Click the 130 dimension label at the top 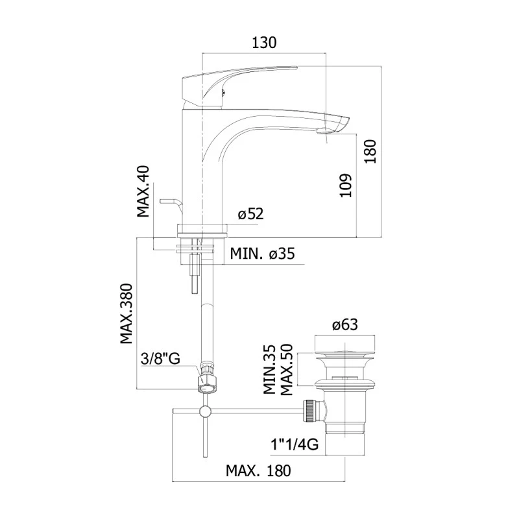tap(263, 43)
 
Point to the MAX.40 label tap(143, 191)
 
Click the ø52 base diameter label tap(250, 215)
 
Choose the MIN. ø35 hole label tap(262, 254)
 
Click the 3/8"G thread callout tap(160, 358)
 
